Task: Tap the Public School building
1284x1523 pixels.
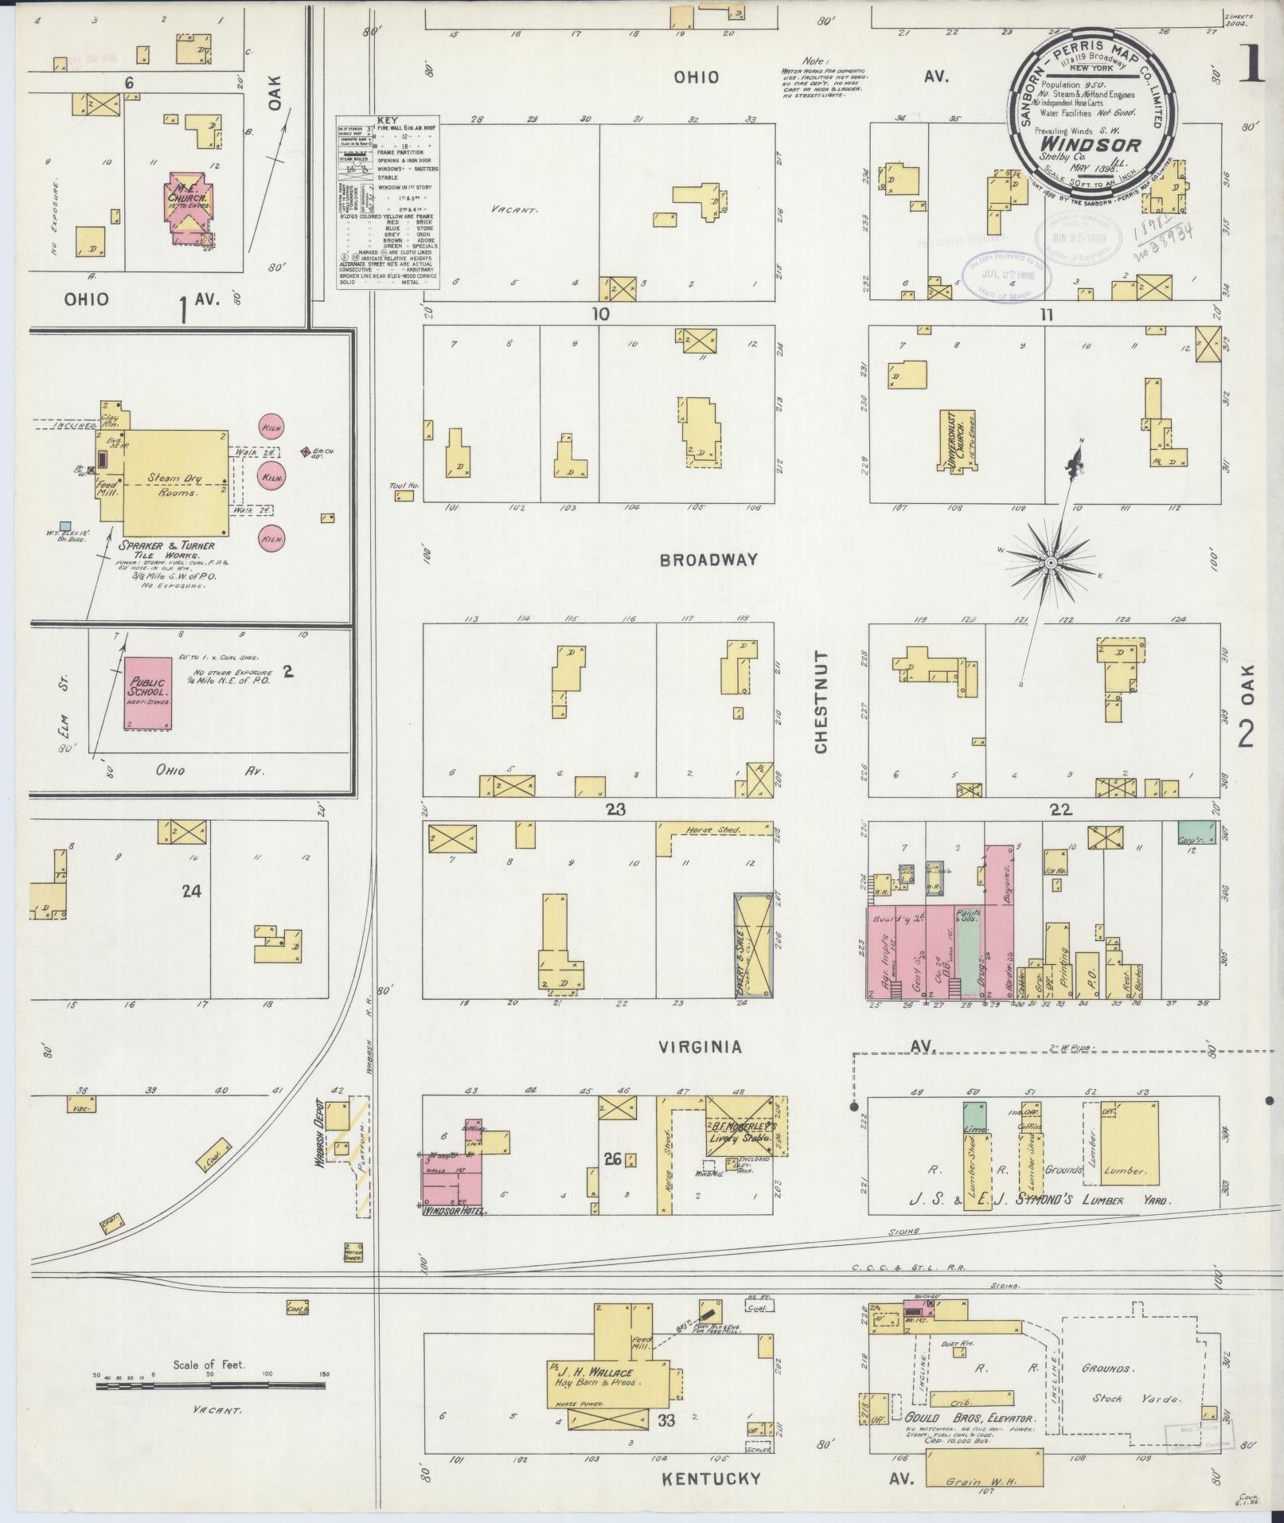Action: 149,693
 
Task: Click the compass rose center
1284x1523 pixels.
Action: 1050,563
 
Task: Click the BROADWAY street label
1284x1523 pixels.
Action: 708,560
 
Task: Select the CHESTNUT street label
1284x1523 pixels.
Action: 822,702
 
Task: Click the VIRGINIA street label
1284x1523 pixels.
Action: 700,1047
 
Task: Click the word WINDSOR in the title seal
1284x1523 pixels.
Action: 1090,146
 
